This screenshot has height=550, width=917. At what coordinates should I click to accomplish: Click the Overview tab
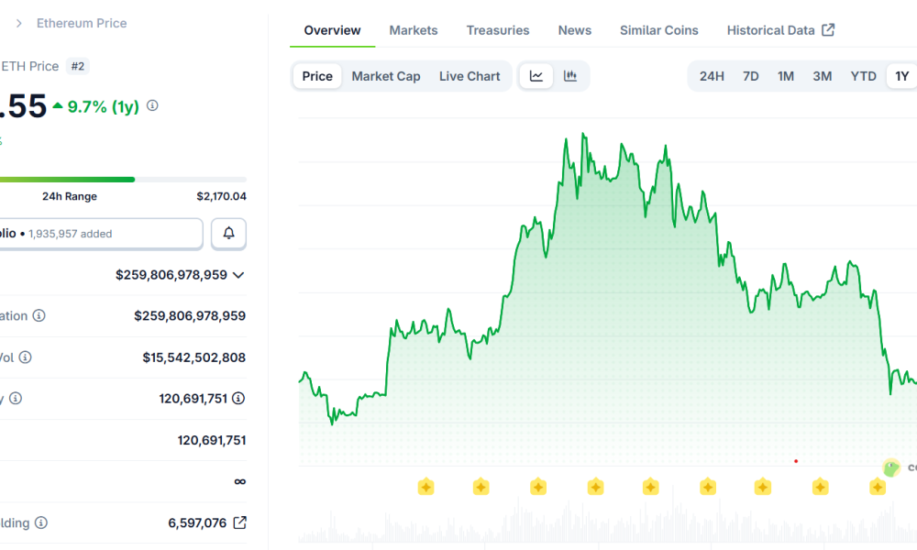[x=332, y=30]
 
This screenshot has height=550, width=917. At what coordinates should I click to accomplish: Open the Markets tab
[x=413, y=30]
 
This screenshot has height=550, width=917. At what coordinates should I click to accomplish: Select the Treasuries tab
[x=497, y=30]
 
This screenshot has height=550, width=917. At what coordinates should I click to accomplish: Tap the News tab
[x=574, y=30]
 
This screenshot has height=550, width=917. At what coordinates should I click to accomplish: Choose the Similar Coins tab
[x=658, y=30]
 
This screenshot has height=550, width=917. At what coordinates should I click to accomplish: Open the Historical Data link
[x=779, y=30]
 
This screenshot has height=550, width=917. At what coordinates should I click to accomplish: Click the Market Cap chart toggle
[x=386, y=76]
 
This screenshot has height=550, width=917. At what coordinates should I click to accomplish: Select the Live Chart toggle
[x=470, y=76]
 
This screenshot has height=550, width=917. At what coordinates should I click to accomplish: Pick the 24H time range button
[x=712, y=76]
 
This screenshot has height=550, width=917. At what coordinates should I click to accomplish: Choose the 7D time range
[x=750, y=76]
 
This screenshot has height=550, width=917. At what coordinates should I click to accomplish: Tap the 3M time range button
[x=822, y=76]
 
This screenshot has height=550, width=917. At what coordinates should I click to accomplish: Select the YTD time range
[x=863, y=76]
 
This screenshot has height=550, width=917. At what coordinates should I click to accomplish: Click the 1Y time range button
[x=901, y=76]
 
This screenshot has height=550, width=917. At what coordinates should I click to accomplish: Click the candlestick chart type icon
[x=570, y=76]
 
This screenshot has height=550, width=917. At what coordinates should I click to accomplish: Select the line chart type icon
[x=536, y=76]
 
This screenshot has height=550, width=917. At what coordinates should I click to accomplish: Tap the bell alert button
[x=228, y=234]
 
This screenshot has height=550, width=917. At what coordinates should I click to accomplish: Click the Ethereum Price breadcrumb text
[x=82, y=23]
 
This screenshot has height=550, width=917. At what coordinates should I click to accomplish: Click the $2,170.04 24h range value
[x=221, y=196]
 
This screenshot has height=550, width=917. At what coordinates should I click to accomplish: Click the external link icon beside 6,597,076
[x=239, y=522]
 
